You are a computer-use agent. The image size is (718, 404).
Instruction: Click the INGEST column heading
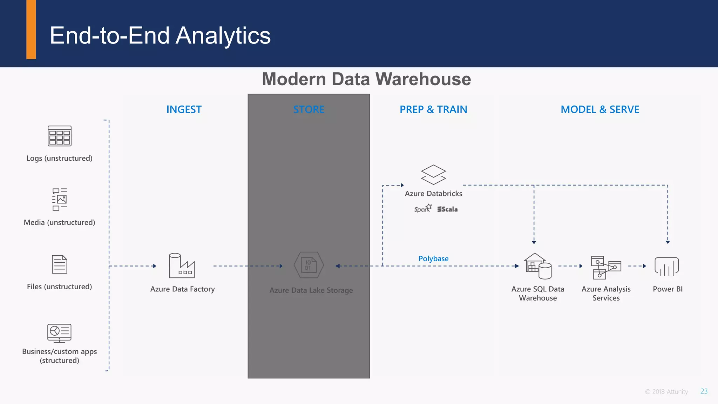184,109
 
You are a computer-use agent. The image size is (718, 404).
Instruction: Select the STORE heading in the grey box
309,109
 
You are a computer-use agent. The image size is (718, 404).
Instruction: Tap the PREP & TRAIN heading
433,109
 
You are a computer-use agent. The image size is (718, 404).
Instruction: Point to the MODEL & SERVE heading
600,109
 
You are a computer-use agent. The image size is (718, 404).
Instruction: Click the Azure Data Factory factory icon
181,265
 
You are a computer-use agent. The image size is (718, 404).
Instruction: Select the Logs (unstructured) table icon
60,136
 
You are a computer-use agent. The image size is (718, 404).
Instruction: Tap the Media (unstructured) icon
60,199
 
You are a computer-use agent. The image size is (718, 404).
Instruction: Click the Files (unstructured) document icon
60,264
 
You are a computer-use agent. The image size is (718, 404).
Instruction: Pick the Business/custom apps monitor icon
60,333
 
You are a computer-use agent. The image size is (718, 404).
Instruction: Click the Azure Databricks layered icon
433,175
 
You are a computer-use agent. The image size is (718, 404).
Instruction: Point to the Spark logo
423,209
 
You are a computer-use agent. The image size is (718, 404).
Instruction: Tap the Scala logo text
448,209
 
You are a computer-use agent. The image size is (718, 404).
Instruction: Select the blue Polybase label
433,258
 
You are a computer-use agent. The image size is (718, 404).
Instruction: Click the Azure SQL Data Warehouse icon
538,266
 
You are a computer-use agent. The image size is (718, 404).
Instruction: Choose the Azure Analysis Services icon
605,267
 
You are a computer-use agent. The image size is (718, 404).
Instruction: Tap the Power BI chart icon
667,266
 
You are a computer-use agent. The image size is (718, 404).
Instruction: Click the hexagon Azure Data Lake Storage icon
309,265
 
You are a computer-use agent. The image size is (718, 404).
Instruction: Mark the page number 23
704,391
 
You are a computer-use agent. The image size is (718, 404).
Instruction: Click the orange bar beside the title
31,29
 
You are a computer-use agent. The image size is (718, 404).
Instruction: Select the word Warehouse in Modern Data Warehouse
422,79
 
